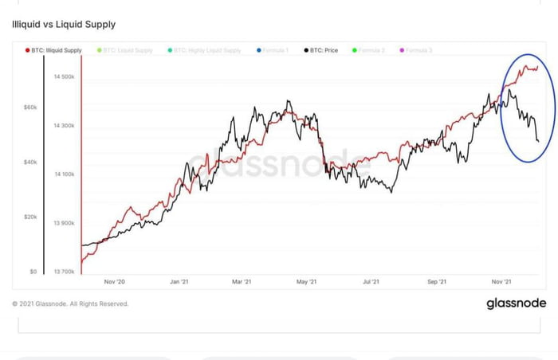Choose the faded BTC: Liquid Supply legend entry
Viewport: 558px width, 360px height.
(x=128, y=50)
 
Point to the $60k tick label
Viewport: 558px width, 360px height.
(x=29, y=107)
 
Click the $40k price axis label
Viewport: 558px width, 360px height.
(x=29, y=162)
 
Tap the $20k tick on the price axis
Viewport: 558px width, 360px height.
(x=29, y=217)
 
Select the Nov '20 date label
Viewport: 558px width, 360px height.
(x=116, y=281)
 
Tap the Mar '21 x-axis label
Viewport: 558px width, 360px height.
(x=243, y=281)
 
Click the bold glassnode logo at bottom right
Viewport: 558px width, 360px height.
(x=515, y=303)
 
